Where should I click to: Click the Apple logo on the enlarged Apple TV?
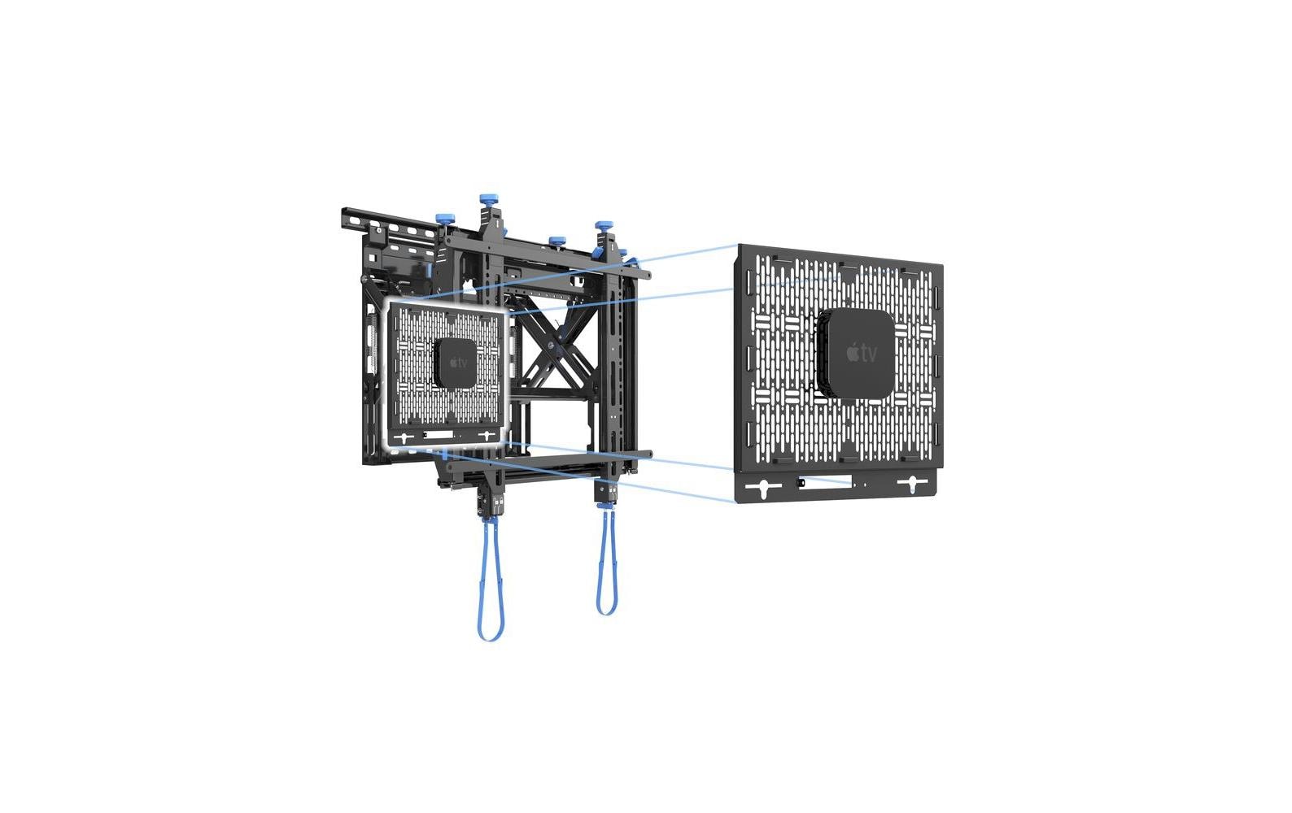pos(853,352)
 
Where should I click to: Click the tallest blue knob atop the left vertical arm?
pos(488,202)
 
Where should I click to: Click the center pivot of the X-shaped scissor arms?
pos(553,346)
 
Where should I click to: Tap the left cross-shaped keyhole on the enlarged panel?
pos(764,488)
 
